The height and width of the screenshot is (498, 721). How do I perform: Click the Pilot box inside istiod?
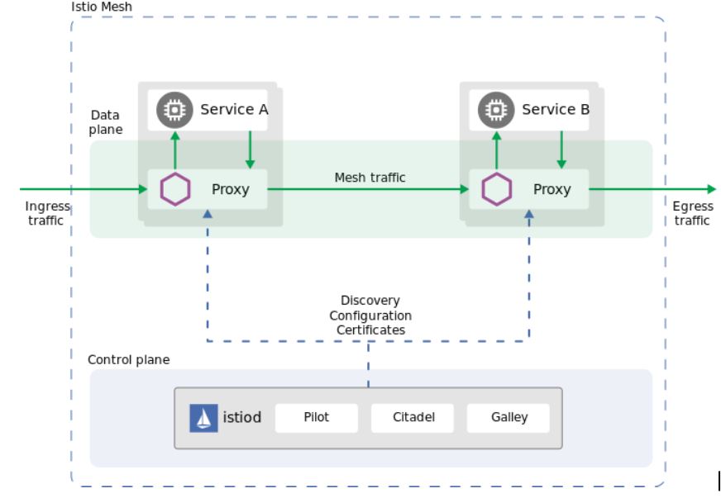(x=316, y=418)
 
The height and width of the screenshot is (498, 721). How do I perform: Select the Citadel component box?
(x=413, y=418)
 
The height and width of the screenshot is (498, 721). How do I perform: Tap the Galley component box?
(x=509, y=418)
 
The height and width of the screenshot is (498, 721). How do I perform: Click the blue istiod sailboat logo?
(x=203, y=418)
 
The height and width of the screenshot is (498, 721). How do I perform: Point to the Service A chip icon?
(x=174, y=110)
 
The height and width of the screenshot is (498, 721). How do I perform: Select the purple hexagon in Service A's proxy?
(x=175, y=189)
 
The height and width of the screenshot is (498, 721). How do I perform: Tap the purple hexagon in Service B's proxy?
(x=497, y=189)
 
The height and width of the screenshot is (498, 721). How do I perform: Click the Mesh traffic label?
(x=370, y=178)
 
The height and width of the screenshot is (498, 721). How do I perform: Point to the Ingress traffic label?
(x=47, y=213)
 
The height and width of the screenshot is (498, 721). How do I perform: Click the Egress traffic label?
(x=692, y=213)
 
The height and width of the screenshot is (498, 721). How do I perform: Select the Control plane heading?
(x=128, y=360)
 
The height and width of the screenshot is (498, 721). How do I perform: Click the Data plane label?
(x=106, y=122)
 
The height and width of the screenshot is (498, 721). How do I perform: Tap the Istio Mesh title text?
(x=102, y=7)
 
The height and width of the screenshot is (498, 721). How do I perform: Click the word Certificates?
(x=370, y=330)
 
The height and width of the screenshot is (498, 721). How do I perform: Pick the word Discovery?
(x=370, y=301)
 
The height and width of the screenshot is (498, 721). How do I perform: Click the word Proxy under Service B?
(x=551, y=189)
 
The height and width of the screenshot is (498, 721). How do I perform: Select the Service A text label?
(x=234, y=110)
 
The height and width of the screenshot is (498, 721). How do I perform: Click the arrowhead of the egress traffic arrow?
(x=711, y=189)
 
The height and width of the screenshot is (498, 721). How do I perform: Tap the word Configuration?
(x=370, y=315)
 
